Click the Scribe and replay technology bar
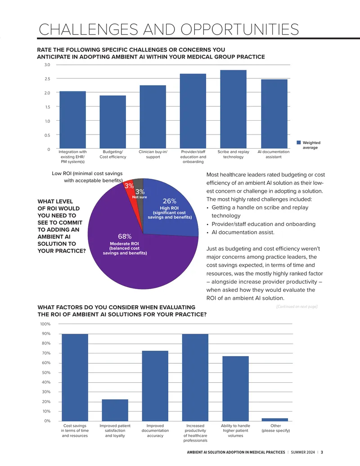coord(233,109)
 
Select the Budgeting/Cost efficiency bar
coord(112,122)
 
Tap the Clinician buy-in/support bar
coord(153,117)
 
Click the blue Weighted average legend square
coord(299,143)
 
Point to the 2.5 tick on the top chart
coord(47,79)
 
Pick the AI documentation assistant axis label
coord(273,154)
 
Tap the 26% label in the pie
coord(169,201)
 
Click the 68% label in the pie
coord(125,236)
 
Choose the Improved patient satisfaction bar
coord(115,410)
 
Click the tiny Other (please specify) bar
coord(275,420)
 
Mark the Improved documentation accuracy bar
coord(155,386)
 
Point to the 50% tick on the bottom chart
coord(46,372)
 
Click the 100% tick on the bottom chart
coord(45,324)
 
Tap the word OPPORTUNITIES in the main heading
coord(239,29)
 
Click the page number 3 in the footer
coord(322,452)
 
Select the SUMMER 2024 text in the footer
coord(303,452)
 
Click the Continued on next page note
coord(297,307)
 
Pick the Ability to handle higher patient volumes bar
coord(235,389)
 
